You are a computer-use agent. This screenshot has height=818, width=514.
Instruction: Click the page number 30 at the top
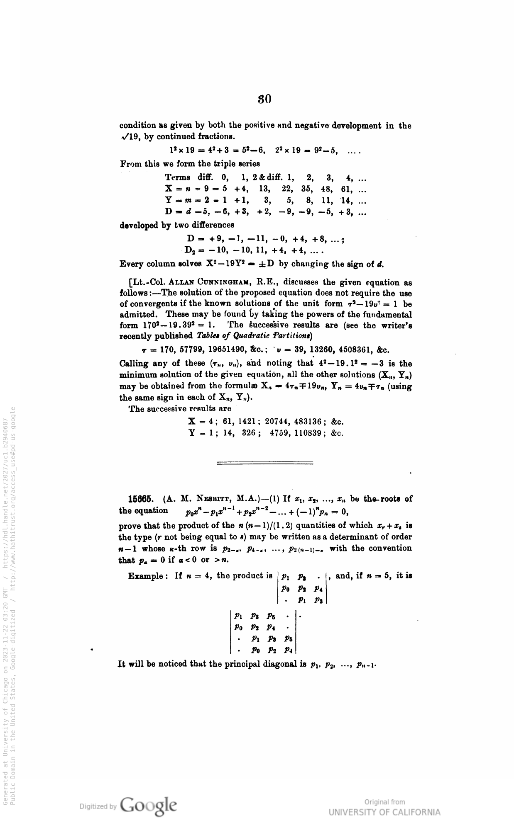coord(264,100)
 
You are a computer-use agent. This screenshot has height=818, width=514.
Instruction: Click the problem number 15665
coord(140,498)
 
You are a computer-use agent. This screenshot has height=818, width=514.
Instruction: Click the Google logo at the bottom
coord(149,805)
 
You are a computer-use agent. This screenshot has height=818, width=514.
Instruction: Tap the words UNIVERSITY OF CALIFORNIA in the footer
coord(384,812)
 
